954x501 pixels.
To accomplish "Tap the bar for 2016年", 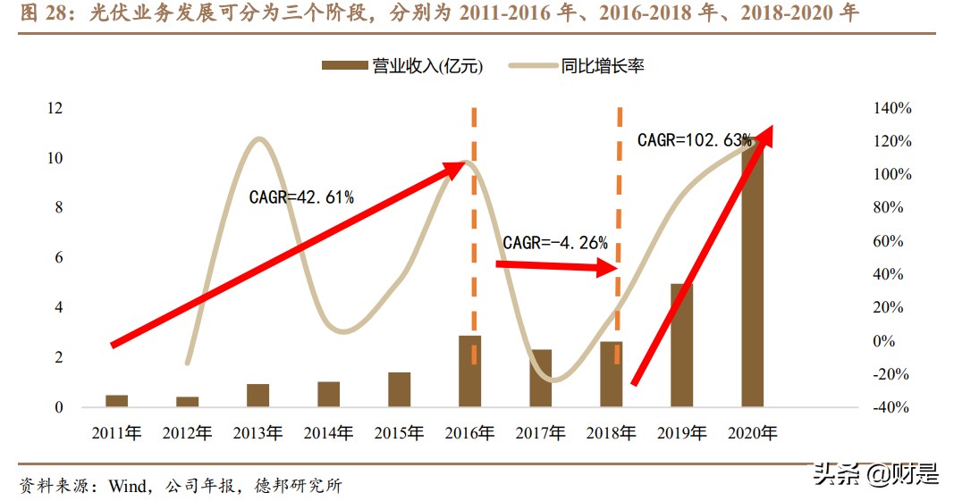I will (x=470, y=372).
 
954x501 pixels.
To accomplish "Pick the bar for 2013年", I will (x=257, y=396).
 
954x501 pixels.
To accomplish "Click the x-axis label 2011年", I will (x=116, y=433).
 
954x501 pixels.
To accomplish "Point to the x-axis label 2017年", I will (x=541, y=433).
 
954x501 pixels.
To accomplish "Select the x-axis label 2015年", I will (x=399, y=433).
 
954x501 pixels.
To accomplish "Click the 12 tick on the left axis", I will (x=55, y=108).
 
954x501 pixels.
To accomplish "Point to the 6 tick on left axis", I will (x=59, y=257).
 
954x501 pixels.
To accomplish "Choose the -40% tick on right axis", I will (x=890, y=407).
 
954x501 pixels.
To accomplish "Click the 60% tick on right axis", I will (x=890, y=241).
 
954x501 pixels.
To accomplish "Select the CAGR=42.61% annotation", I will (x=301, y=197).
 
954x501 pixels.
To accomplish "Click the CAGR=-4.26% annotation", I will (x=555, y=242).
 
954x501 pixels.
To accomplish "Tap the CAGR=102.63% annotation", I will (x=694, y=140).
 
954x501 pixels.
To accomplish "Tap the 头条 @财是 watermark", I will (x=874, y=474).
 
